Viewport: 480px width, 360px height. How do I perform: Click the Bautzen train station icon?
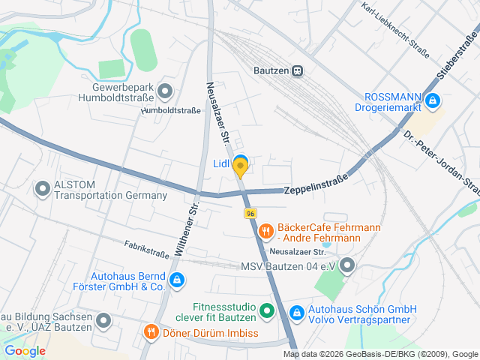tap(298, 70)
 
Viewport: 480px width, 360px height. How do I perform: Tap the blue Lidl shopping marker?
tap(240, 160)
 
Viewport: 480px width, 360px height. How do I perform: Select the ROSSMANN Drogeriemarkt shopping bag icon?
tap(432, 100)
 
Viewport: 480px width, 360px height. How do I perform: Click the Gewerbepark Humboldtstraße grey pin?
tap(166, 92)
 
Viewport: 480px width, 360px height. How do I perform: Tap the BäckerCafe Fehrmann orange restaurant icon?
tap(265, 232)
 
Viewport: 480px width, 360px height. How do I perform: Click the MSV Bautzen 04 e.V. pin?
tap(346, 265)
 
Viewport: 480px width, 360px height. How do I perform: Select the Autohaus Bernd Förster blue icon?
tap(176, 280)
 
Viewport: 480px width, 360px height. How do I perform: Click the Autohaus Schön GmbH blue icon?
tap(296, 310)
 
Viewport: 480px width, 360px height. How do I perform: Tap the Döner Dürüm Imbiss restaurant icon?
tap(151, 331)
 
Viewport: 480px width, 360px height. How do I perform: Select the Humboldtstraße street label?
tap(171, 111)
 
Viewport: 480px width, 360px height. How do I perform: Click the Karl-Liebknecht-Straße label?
tap(394, 29)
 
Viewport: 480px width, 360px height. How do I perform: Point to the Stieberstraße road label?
tap(457, 57)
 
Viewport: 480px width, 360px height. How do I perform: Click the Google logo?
tap(25, 350)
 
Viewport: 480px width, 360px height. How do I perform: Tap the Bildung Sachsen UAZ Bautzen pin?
tap(103, 321)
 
